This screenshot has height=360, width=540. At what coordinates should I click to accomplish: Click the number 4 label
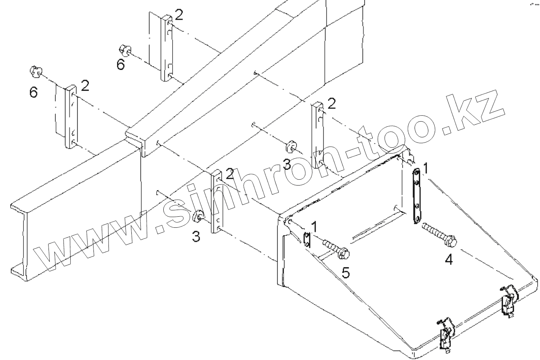pyautogui.click(x=448, y=259)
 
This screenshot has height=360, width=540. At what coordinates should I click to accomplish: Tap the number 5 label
pyautogui.click(x=346, y=272)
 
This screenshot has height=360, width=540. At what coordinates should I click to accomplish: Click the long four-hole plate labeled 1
pyautogui.click(x=416, y=196)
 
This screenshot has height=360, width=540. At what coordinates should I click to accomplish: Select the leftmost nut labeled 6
pyautogui.click(x=36, y=71)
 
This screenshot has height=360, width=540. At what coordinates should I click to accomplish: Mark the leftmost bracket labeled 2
pyautogui.click(x=71, y=116)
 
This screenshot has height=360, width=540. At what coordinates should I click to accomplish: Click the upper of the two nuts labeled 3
pyautogui.click(x=291, y=146)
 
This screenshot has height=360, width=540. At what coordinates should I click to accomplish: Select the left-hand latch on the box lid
pyautogui.click(x=445, y=332)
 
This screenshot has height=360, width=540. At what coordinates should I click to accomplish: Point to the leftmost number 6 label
pyautogui.click(x=34, y=93)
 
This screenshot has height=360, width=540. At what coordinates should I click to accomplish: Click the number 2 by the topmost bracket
pyautogui.click(x=179, y=15)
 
